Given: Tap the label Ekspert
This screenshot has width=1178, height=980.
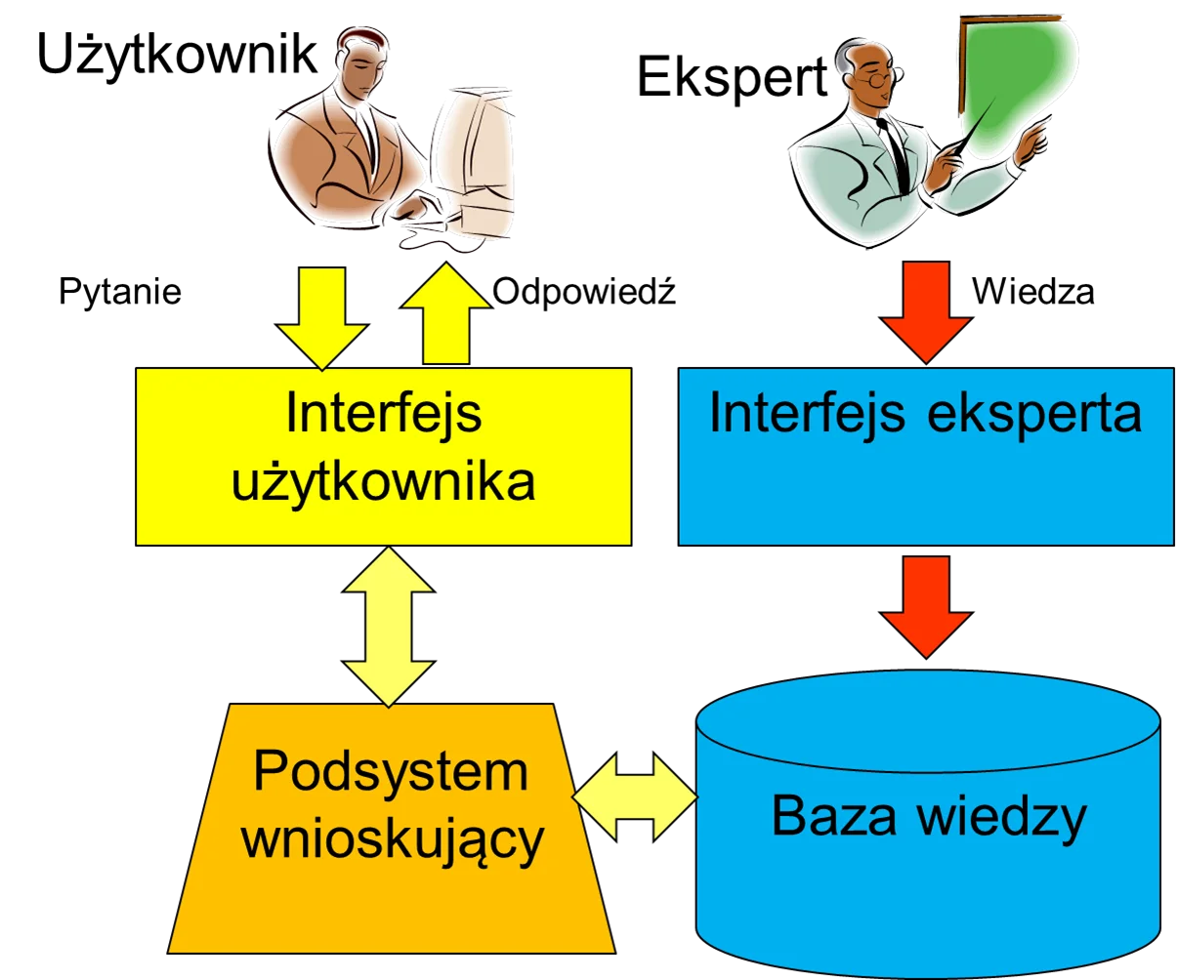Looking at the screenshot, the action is click(x=733, y=78).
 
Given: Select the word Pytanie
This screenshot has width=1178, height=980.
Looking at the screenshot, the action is click(x=120, y=292).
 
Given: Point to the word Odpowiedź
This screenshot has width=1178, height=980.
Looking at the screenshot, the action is click(x=584, y=291).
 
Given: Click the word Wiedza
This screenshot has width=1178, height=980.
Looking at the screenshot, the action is click(x=1033, y=292).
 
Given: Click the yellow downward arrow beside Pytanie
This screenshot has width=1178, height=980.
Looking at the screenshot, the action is click(x=322, y=318).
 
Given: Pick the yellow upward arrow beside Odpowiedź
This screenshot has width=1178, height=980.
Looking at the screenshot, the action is click(x=445, y=312).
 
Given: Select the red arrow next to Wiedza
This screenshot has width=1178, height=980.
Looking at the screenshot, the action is click(x=926, y=311).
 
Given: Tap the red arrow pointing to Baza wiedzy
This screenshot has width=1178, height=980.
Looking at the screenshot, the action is click(x=926, y=607).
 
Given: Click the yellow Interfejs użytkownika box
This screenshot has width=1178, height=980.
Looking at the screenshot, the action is click(x=384, y=457).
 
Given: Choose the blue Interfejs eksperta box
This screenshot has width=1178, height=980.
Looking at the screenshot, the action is click(x=926, y=457).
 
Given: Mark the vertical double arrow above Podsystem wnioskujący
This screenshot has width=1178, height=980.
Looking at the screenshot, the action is click(x=389, y=626).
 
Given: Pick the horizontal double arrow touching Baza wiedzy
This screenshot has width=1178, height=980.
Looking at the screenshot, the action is click(x=635, y=796).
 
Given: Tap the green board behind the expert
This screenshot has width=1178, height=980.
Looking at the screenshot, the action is click(x=1016, y=85).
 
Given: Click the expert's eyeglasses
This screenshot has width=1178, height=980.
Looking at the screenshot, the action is click(x=880, y=79).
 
